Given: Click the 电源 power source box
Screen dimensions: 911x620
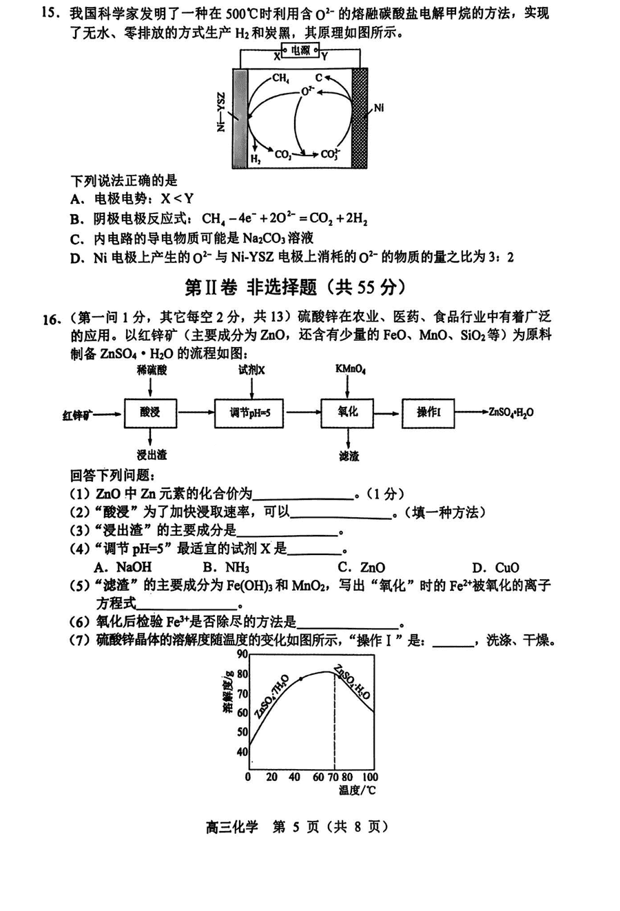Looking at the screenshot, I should click(300, 50).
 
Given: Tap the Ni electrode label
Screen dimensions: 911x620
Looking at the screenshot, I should click(379, 108).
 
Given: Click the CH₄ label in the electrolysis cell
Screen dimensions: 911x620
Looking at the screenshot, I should click(280, 78).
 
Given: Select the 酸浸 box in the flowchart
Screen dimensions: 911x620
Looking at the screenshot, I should click(150, 412).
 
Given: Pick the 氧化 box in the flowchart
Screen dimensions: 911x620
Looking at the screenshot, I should click(348, 412).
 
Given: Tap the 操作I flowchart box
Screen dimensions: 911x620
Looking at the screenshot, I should click(428, 412).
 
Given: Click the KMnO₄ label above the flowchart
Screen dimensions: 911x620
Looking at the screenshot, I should click(351, 369).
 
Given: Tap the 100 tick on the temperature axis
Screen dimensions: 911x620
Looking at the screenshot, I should click(370, 777).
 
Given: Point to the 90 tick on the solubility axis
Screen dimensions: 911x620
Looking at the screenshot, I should click(242, 655).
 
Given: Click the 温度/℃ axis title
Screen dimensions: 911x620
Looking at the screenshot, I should click(357, 790).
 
